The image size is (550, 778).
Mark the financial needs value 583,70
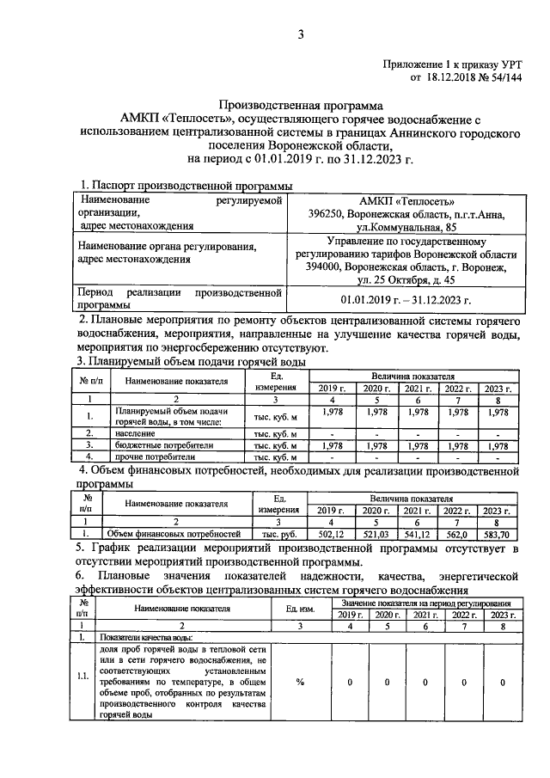499,533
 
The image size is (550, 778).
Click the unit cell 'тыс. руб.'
279,533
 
